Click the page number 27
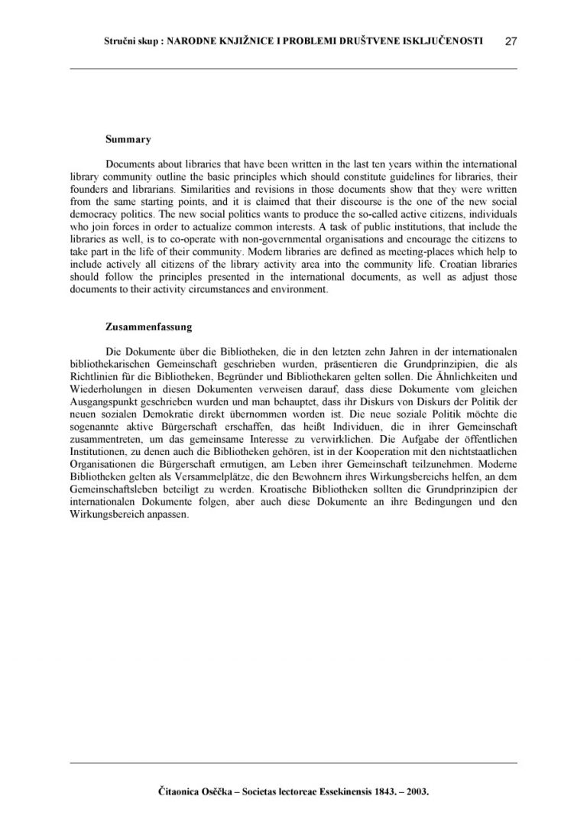pos(511,42)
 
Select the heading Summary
pos(128,140)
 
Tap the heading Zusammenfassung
pos(148,327)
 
